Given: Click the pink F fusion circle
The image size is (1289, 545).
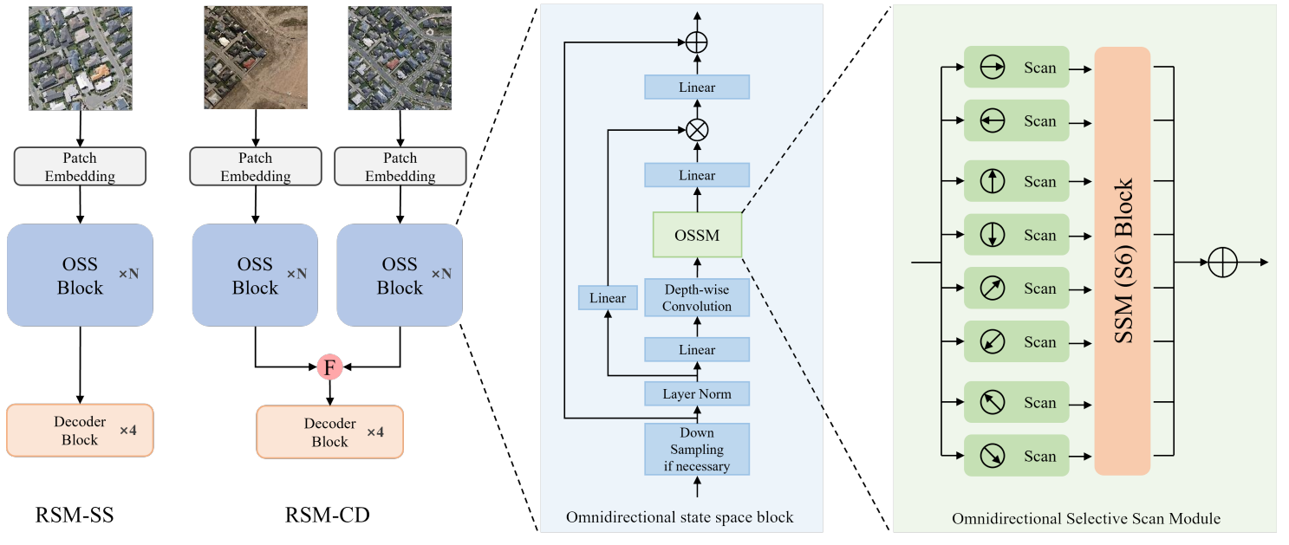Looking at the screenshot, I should tap(329, 367).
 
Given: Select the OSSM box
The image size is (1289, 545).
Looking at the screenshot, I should tap(697, 235).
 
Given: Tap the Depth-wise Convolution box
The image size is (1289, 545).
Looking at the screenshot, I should tap(697, 297).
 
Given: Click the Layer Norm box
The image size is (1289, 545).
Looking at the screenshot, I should tap(697, 394).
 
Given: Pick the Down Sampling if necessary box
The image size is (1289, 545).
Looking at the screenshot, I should tap(697, 449).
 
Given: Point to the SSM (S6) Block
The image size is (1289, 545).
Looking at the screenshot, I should tap(1123, 261).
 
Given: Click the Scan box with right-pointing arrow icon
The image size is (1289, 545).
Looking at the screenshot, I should tap(1017, 68).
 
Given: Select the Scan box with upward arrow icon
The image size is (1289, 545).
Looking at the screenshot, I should tap(1017, 182).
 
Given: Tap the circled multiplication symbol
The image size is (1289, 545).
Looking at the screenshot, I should tap(697, 130).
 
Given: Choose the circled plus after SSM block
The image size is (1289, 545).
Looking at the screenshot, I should tap(1222, 262).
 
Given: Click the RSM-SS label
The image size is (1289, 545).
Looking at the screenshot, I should tap(75, 517).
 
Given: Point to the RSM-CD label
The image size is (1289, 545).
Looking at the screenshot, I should tap(328, 517).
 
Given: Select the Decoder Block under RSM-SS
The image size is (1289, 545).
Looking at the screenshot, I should tap(80, 431).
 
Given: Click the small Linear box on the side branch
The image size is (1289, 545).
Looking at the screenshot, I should tap(608, 298).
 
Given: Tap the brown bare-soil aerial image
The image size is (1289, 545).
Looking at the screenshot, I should tap(256, 57).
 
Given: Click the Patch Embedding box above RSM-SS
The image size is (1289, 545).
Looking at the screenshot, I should tap(80, 166).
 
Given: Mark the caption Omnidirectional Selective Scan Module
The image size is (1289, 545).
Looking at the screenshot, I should tap(1086, 519).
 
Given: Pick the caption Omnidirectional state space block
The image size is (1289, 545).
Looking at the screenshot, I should tap(680, 517).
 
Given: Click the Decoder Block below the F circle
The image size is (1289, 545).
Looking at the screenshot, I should tap(330, 431).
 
